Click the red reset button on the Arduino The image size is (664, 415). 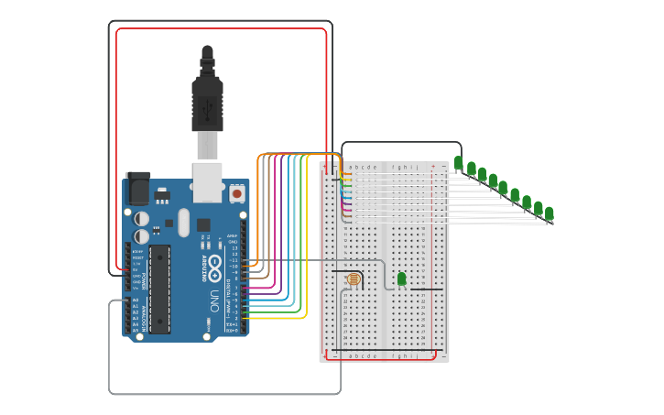pyautogui.click(x=237, y=193)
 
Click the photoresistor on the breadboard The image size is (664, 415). pyautogui.click(x=354, y=278)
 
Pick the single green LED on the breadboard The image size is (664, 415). pyautogui.click(x=401, y=278)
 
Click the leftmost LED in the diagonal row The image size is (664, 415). pyautogui.click(x=458, y=163)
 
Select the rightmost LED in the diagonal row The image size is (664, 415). pyautogui.click(x=549, y=213)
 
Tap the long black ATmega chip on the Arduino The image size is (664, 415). pyautogui.click(x=159, y=289)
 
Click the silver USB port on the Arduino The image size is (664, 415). pyautogui.click(x=208, y=181)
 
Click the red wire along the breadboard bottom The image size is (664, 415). pyautogui.click(x=380, y=359)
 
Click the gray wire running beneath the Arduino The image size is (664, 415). pyautogui.click(x=224, y=394)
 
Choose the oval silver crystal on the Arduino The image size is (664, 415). pyautogui.click(x=183, y=223)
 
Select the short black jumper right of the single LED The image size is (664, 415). pyautogui.click(x=426, y=289)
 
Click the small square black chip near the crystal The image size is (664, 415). pyautogui.click(x=202, y=224)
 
